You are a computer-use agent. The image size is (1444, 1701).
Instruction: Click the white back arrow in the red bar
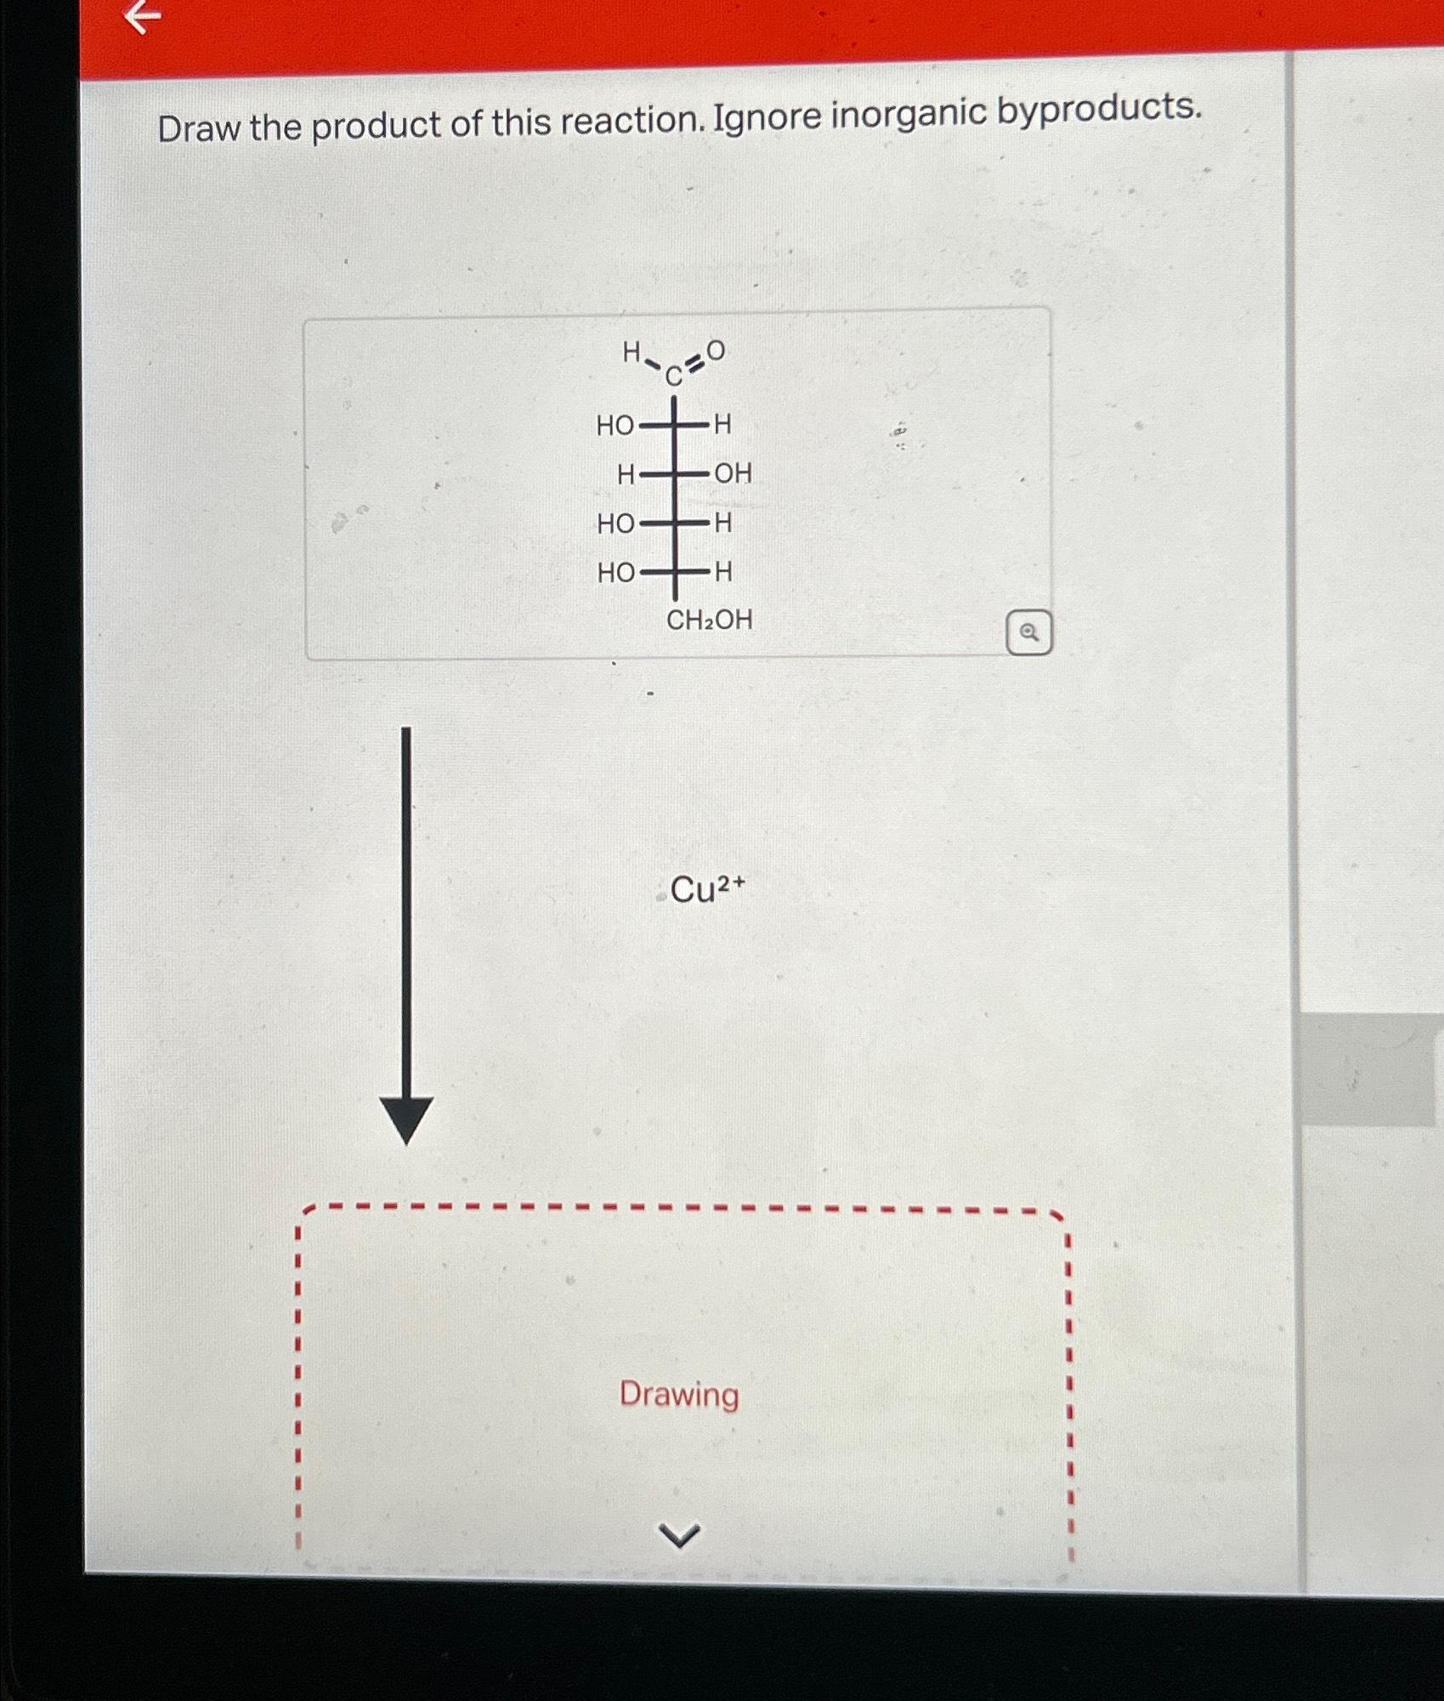point(143,18)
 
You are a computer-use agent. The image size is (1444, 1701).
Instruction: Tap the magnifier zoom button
point(1028,632)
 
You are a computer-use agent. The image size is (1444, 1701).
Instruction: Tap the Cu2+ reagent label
point(706,890)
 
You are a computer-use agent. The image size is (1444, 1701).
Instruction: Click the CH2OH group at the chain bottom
point(709,621)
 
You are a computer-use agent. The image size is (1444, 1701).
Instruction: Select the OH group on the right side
point(733,473)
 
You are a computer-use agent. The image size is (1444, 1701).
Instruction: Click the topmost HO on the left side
point(614,425)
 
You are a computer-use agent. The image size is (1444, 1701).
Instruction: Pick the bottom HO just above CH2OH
point(615,573)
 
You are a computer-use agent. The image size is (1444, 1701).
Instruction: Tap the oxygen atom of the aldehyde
point(716,349)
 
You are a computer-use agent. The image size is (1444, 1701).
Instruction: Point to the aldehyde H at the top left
point(631,352)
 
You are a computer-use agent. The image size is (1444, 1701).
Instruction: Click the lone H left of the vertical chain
point(626,474)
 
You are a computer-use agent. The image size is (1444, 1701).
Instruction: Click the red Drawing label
point(678,1395)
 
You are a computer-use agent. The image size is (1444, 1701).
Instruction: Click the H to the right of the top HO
point(722,424)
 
